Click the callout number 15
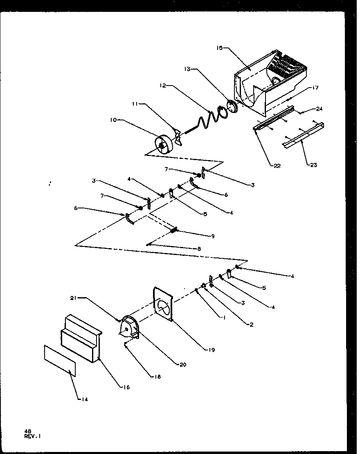point(219,48)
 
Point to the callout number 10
point(114,120)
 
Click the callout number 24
point(319,109)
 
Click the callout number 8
point(199,248)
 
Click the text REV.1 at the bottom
point(33,436)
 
